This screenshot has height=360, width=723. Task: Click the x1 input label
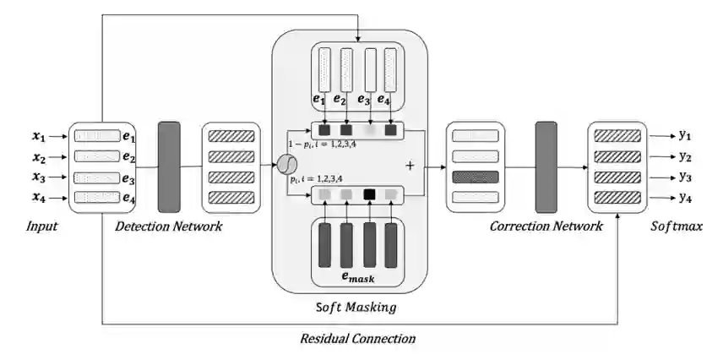(39, 136)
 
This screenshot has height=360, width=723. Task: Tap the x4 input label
(39, 198)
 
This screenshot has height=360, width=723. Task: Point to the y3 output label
(684, 177)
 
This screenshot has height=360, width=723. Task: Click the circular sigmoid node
(287, 165)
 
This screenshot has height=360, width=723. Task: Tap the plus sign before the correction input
(410, 166)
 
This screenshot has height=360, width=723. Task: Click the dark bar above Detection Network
(169, 167)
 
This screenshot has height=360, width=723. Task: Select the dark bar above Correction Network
(546, 167)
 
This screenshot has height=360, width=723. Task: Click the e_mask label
(358, 277)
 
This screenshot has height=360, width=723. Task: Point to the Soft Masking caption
(356, 307)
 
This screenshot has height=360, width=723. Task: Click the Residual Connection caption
(358, 338)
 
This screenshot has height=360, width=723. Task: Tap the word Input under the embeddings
(42, 226)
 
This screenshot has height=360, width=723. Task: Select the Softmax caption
(677, 226)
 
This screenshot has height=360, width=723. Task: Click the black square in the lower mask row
(369, 194)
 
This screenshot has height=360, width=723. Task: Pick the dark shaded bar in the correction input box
(476, 177)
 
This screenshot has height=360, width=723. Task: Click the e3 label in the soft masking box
(364, 99)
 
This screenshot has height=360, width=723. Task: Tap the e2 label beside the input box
(129, 157)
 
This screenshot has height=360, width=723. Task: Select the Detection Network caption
(169, 226)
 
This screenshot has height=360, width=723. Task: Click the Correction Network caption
(546, 226)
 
